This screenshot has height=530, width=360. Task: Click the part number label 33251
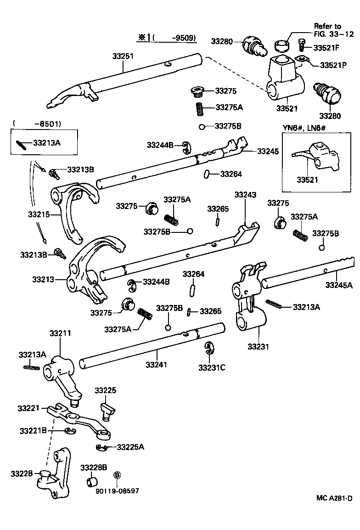coord(123,56)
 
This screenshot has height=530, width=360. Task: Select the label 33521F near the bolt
coord(326,47)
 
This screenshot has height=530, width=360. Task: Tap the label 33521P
coord(331,64)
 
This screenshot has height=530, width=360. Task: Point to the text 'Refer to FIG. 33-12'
coord(327,30)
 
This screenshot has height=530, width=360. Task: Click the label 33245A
coord(339,285)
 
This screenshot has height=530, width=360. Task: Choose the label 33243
coord(245,195)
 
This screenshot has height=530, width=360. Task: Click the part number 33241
coord(157,365)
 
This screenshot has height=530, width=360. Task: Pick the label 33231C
coord(211,367)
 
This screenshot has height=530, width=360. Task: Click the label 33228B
coord(94,468)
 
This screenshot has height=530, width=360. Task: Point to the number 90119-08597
coord(117,491)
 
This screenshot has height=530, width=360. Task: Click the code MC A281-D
coord(334,498)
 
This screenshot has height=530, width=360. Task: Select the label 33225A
coord(130,446)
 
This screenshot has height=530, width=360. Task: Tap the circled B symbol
coord(117,475)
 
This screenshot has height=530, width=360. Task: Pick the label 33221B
coord(34,430)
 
